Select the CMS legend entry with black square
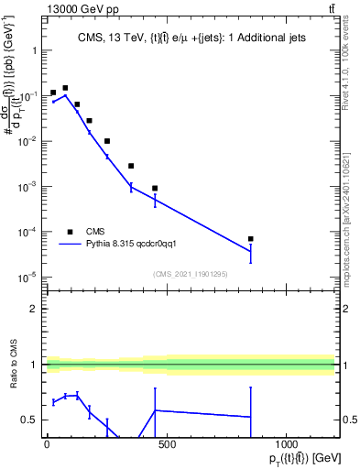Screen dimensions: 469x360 pos(96,232)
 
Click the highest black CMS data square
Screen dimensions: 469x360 pos(65,88)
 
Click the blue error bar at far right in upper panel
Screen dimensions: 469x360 pos(250,250)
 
